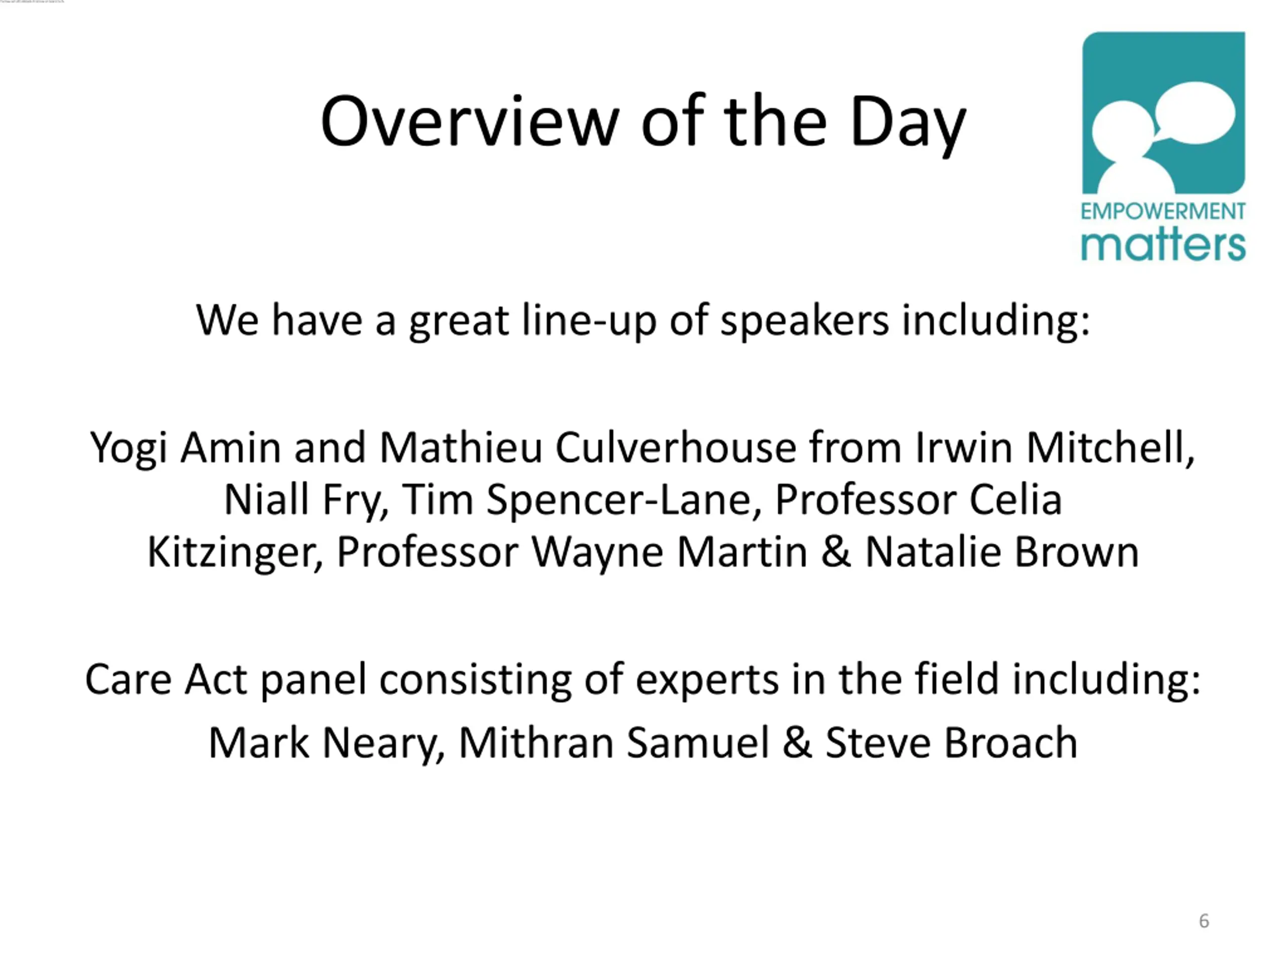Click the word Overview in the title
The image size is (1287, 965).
[x=470, y=122]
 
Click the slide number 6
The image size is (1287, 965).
[x=1205, y=921]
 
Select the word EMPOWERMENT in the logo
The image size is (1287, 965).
[x=1163, y=211]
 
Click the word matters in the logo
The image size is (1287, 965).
[x=1163, y=244]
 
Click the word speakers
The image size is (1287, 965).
[x=805, y=321]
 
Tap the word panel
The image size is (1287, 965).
[x=313, y=680]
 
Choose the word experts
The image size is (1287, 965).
[x=707, y=680]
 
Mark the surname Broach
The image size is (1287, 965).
[x=1010, y=743]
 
